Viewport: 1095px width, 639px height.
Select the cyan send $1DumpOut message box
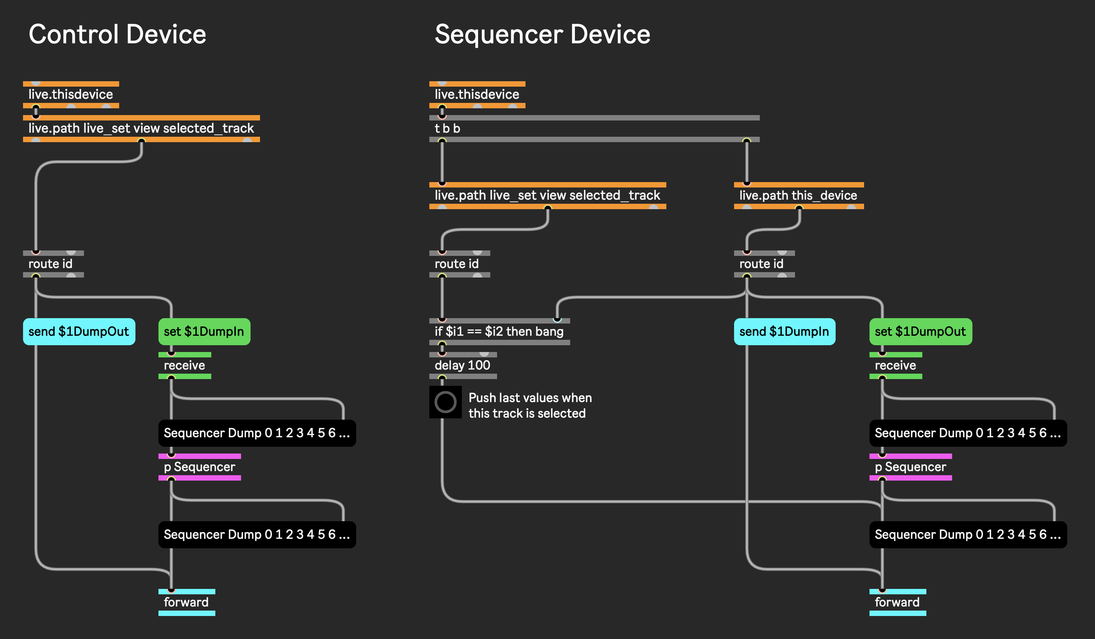pyautogui.click(x=79, y=331)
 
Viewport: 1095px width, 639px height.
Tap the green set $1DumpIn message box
pyautogui.click(x=204, y=331)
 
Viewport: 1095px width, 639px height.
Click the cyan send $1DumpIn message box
pyautogui.click(x=784, y=331)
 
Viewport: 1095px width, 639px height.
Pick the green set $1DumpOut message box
pyautogui.click(x=920, y=331)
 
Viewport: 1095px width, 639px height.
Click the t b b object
pyautogui.click(x=595, y=129)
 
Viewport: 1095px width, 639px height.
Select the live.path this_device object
pyautogui.click(x=799, y=196)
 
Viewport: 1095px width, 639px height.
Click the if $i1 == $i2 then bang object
pyautogui.click(x=500, y=331)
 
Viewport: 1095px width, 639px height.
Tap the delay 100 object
pyautogui.click(x=463, y=365)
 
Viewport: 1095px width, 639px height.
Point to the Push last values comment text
pyautogui.click(x=530, y=405)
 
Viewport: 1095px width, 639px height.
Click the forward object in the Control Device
pyautogui.click(x=187, y=602)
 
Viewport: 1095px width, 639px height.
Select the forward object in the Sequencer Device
pyautogui.click(x=898, y=602)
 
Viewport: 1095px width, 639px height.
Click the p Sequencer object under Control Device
pyautogui.click(x=200, y=467)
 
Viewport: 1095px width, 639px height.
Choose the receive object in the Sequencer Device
pyautogui.click(x=896, y=365)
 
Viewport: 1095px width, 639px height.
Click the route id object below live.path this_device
pyautogui.click(x=764, y=264)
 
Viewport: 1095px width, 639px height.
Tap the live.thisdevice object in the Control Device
pyautogui.click(x=71, y=95)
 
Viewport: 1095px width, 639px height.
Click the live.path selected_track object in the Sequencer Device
pyautogui.click(x=547, y=196)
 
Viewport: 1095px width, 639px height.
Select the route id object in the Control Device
pyautogui.click(x=53, y=264)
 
